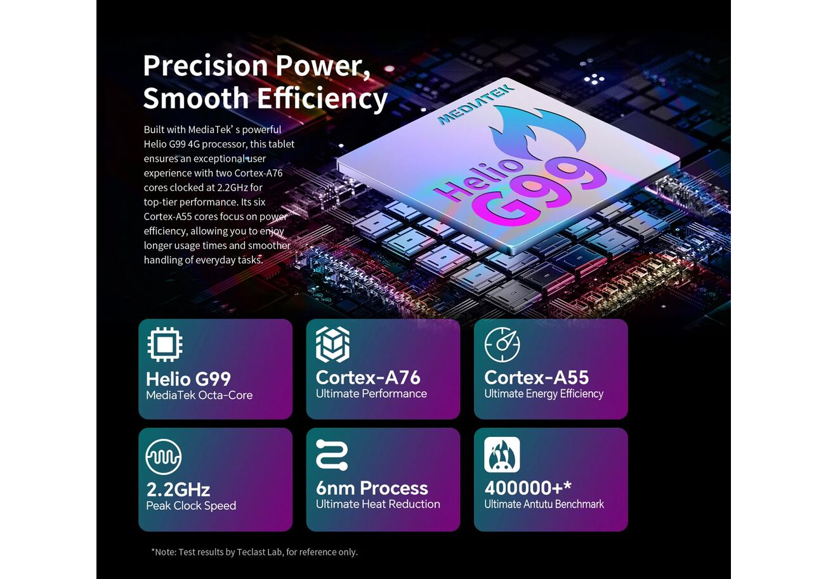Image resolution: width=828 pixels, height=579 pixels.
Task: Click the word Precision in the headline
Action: point(206,66)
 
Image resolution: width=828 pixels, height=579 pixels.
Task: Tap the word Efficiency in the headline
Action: point(322,99)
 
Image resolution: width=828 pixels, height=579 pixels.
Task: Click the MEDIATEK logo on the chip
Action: point(475,105)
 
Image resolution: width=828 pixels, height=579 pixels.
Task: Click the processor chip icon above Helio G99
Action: point(165,344)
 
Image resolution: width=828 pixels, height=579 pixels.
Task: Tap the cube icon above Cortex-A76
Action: point(332,344)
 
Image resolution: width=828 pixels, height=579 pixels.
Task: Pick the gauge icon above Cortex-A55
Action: point(502,344)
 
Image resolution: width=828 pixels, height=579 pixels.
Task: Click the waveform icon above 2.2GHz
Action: point(164,457)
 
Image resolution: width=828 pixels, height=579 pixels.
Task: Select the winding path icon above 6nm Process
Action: point(332,455)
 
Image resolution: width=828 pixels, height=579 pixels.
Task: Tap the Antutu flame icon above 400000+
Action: point(502,455)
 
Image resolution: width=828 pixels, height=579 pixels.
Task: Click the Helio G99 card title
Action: point(188,379)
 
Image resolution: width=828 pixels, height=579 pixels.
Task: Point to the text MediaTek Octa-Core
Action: point(199,395)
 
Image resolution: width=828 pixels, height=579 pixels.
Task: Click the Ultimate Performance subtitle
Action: point(371,394)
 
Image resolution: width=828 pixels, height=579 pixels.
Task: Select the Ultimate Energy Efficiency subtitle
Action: point(544,394)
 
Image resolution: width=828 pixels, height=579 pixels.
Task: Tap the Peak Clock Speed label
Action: point(191,506)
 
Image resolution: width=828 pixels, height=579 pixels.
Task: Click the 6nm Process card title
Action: point(372,488)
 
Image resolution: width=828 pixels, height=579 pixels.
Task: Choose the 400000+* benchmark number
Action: point(528,488)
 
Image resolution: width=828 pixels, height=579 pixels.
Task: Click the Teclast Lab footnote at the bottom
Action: point(254,552)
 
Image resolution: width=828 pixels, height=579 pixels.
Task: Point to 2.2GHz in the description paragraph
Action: point(232,188)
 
